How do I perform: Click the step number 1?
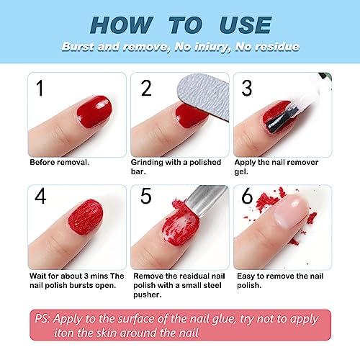[x=40, y=89]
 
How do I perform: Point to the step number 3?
[x=248, y=89]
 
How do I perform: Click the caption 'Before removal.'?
[x=60, y=162]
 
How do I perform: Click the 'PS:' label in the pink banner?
[x=43, y=318]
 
